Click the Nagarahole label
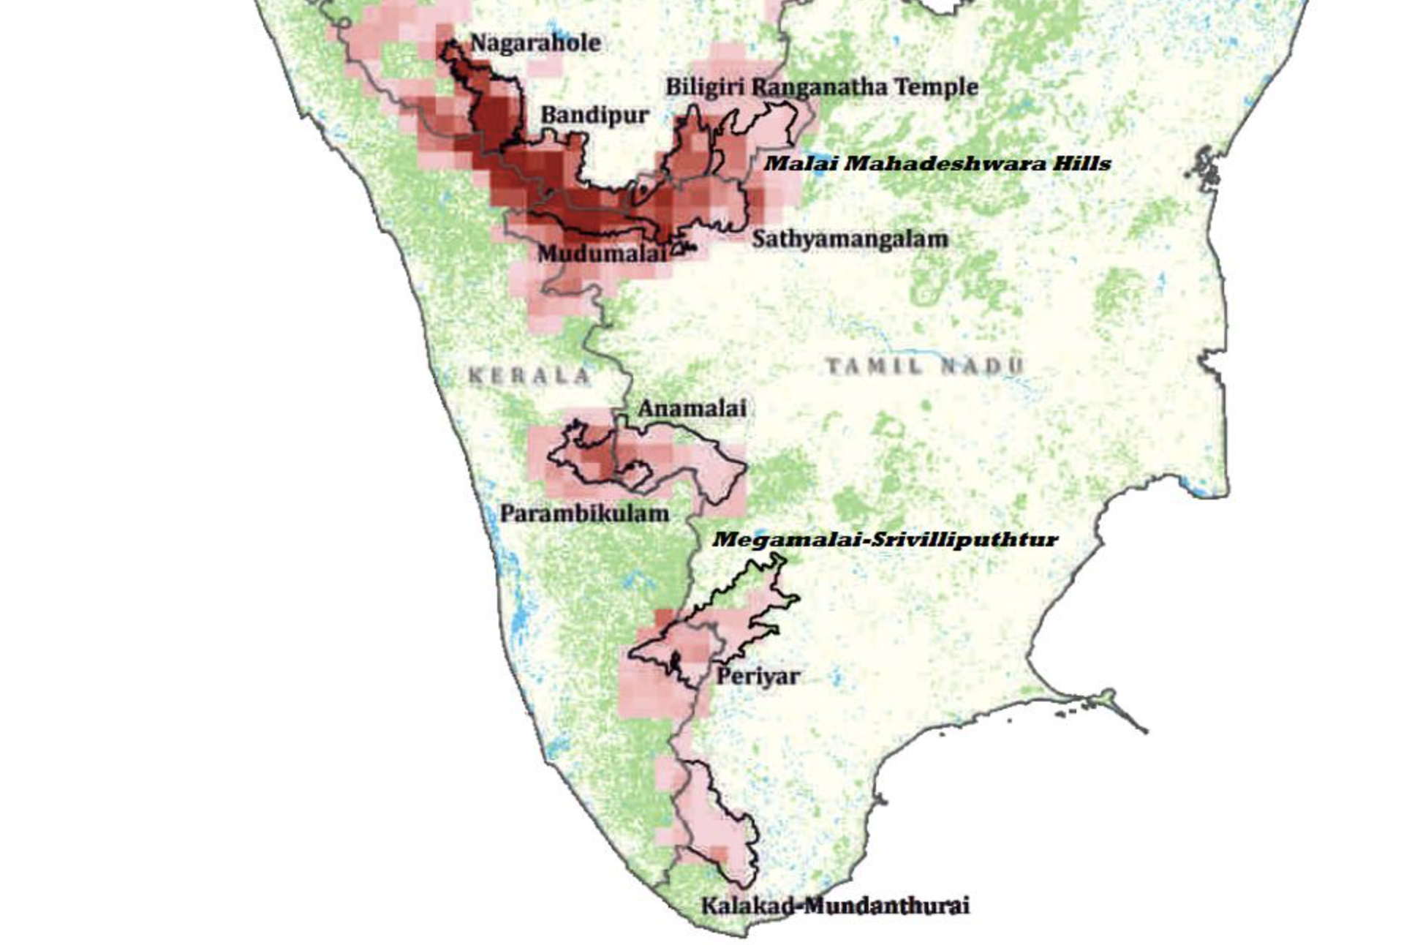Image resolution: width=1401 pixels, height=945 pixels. pos(535,43)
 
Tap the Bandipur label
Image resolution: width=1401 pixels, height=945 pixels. pos(594,116)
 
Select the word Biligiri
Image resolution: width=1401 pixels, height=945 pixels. pos(705,87)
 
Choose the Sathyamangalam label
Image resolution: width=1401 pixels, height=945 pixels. pos(850,238)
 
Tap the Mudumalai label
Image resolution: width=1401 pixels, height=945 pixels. pos(601,254)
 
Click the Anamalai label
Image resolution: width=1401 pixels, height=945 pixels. pos(692,408)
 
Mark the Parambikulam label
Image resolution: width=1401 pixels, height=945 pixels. pos(584,513)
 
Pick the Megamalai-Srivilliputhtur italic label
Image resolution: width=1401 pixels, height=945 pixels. pos(885,540)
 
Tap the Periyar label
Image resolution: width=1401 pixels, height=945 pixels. pos(757,676)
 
